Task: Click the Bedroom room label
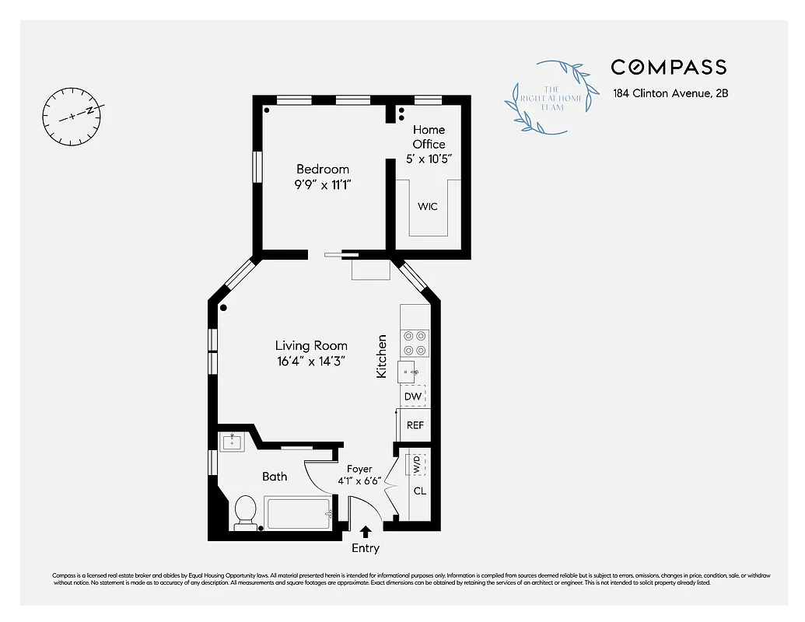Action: coord(323,169)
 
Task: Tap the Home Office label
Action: coord(429,137)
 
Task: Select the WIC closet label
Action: coord(428,207)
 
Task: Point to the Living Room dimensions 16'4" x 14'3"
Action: coord(310,361)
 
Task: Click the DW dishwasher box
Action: coord(413,397)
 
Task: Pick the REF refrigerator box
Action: coord(415,425)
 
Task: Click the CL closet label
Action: coord(419,491)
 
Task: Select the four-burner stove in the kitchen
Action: coord(415,344)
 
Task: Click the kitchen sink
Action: coord(411,372)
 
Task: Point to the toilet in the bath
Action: coord(245,510)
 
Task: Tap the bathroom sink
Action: coord(231,442)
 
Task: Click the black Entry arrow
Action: coord(366,532)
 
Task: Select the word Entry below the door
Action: coord(366,548)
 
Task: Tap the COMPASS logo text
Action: coord(668,67)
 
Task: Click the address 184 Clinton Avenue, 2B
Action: coord(670,93)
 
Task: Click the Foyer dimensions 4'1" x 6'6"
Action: coord(359,481)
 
